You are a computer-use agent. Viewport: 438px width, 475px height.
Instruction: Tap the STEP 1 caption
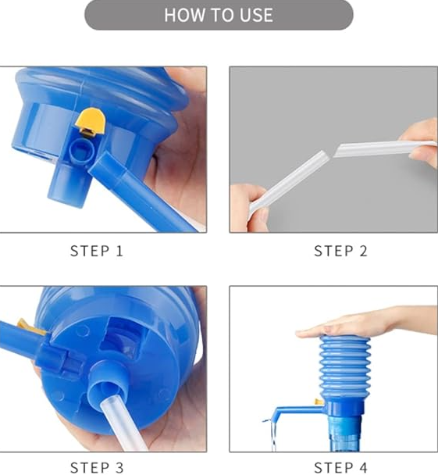[x=97, y=252]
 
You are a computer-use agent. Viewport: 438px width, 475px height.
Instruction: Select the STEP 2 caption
[x=340, y=252]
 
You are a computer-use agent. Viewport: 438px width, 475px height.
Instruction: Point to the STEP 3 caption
[x=97, y=468]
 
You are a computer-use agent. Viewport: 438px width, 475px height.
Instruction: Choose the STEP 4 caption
[x=340, y=468]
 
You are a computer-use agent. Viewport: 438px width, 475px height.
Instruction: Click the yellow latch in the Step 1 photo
[x=91, y=121]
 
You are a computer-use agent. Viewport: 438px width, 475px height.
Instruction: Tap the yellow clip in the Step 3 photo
[x=31, y=327]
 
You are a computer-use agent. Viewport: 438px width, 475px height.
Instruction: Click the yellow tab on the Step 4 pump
[x=319, y=402]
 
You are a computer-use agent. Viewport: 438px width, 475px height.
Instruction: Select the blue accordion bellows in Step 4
[x=342, y=367]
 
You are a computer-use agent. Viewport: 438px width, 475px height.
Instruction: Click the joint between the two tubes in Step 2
[x=332, y=152]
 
